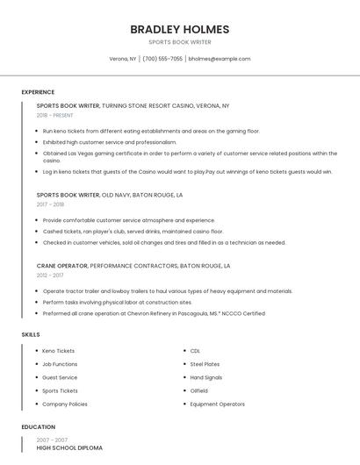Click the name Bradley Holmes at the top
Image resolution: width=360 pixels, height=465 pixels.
point(179,29)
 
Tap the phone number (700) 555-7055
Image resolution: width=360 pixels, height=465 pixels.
point(162,59)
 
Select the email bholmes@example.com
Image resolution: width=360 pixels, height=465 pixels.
point(220,59)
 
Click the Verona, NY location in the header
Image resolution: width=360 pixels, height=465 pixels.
point(123,59)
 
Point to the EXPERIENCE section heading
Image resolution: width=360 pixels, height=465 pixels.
point(38,92)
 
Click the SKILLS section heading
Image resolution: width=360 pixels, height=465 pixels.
point(31,334)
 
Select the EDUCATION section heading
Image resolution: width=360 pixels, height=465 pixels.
point(38,427)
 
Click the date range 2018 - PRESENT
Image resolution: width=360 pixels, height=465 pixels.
point(55,115)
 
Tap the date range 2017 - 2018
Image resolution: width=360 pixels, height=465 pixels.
point(50,204)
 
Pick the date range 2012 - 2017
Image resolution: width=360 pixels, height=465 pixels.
point(50,275)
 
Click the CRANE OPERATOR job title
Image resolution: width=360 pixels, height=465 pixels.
point(61,265)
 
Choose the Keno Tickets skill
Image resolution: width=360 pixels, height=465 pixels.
point(58,351)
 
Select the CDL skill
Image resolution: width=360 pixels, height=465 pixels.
point(195,351)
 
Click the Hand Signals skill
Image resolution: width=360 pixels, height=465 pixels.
point(205,377)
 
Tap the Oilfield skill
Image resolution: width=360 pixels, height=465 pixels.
point(198,390)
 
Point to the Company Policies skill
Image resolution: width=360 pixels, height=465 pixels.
point(64,404)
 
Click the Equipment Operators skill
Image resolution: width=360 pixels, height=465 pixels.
point(217,404)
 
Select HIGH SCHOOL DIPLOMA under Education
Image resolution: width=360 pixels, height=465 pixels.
point(69,448)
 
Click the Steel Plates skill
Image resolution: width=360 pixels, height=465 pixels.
point(205,364)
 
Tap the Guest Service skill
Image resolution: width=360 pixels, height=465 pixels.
point(60,377)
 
